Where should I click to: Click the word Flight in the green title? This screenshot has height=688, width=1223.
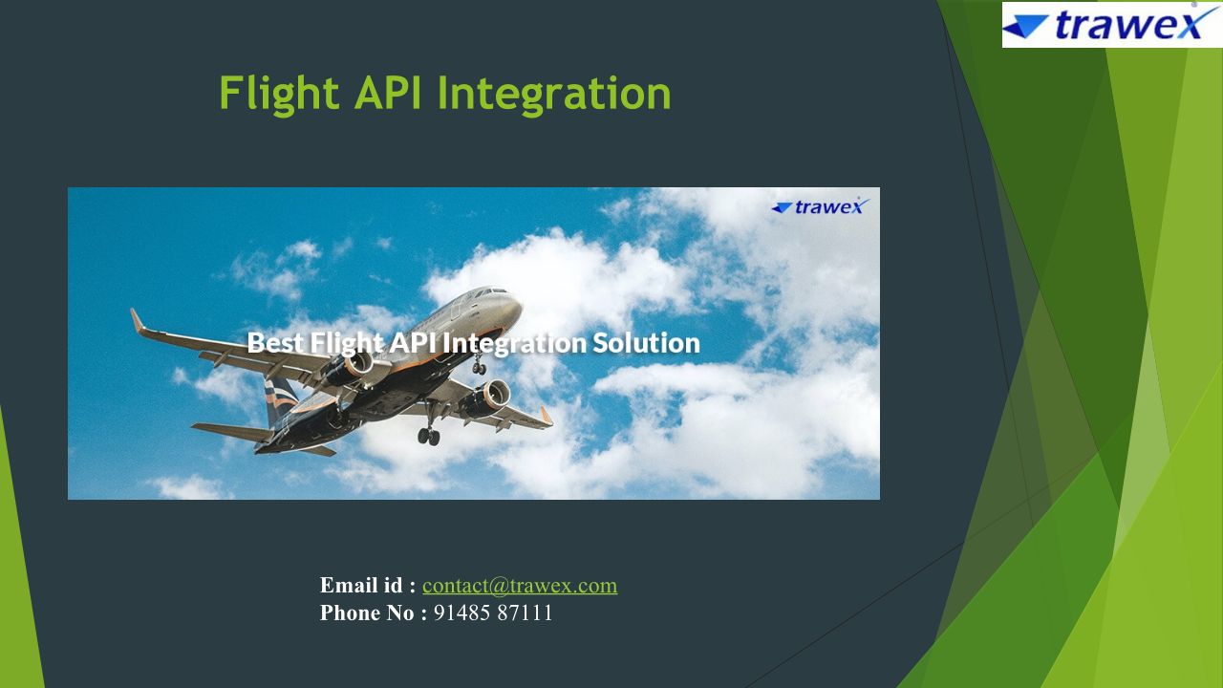click(x=279, y=94)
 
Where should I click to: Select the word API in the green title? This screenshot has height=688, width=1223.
click(x=388, y=93)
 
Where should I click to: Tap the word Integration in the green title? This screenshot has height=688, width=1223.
click(x=554, y=95)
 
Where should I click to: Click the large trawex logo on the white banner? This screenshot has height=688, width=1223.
click(x=1111, y=25)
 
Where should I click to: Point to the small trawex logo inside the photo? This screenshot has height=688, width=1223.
click(x=820, y=206)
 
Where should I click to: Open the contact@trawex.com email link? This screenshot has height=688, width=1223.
click(x=520, y=586)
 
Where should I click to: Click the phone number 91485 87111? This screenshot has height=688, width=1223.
click(x=493, y=613)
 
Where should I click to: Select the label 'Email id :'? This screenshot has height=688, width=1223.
click(x=368, y=586)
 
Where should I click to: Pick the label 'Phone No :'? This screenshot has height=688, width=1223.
click(x=374, y=613)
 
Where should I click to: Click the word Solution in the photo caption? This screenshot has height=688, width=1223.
click(x=646, y=343)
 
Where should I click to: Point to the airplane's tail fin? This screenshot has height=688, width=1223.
click(x=281, y=399)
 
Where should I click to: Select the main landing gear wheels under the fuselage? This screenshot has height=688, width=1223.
click(x=429, y=437)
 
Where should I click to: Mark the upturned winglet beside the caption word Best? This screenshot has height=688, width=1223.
click(x=137, y=321)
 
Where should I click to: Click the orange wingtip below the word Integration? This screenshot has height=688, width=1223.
click(x=547, y=416)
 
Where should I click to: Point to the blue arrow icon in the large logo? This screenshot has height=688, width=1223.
click(x=1025, y=27)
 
